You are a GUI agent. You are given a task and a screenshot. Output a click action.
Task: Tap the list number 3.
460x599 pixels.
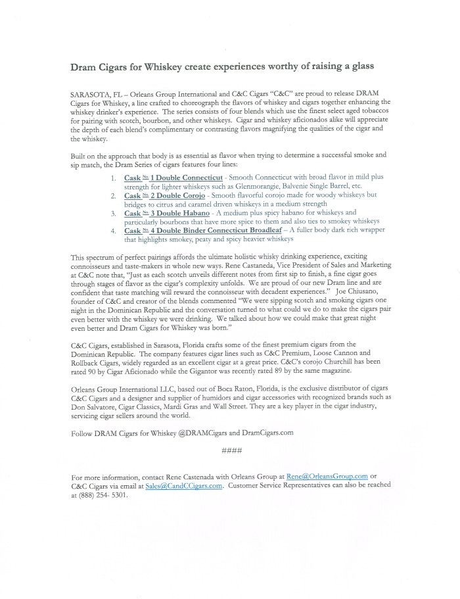(113, 213)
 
